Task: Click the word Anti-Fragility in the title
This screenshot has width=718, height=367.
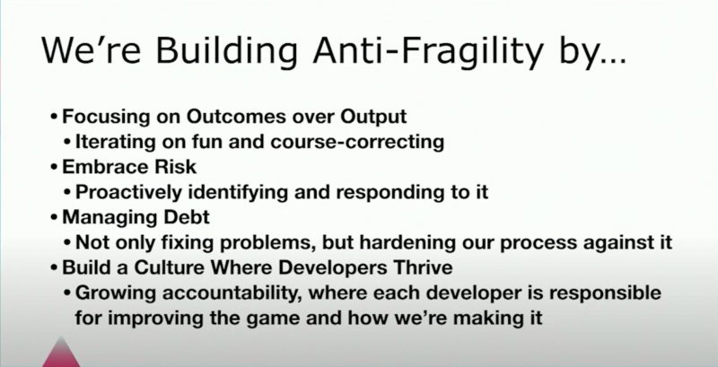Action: tap(428, 51)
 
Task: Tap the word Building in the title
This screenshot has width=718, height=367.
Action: tap(227, 51)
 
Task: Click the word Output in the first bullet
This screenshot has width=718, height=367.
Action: tap(373, 118)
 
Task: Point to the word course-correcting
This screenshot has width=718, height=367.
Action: tap(357, 142)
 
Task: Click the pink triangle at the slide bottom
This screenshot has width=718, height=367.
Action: tap(61, 354)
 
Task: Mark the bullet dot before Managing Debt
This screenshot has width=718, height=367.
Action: tap(54, 218)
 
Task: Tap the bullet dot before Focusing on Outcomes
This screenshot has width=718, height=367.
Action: tap(54, 118)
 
